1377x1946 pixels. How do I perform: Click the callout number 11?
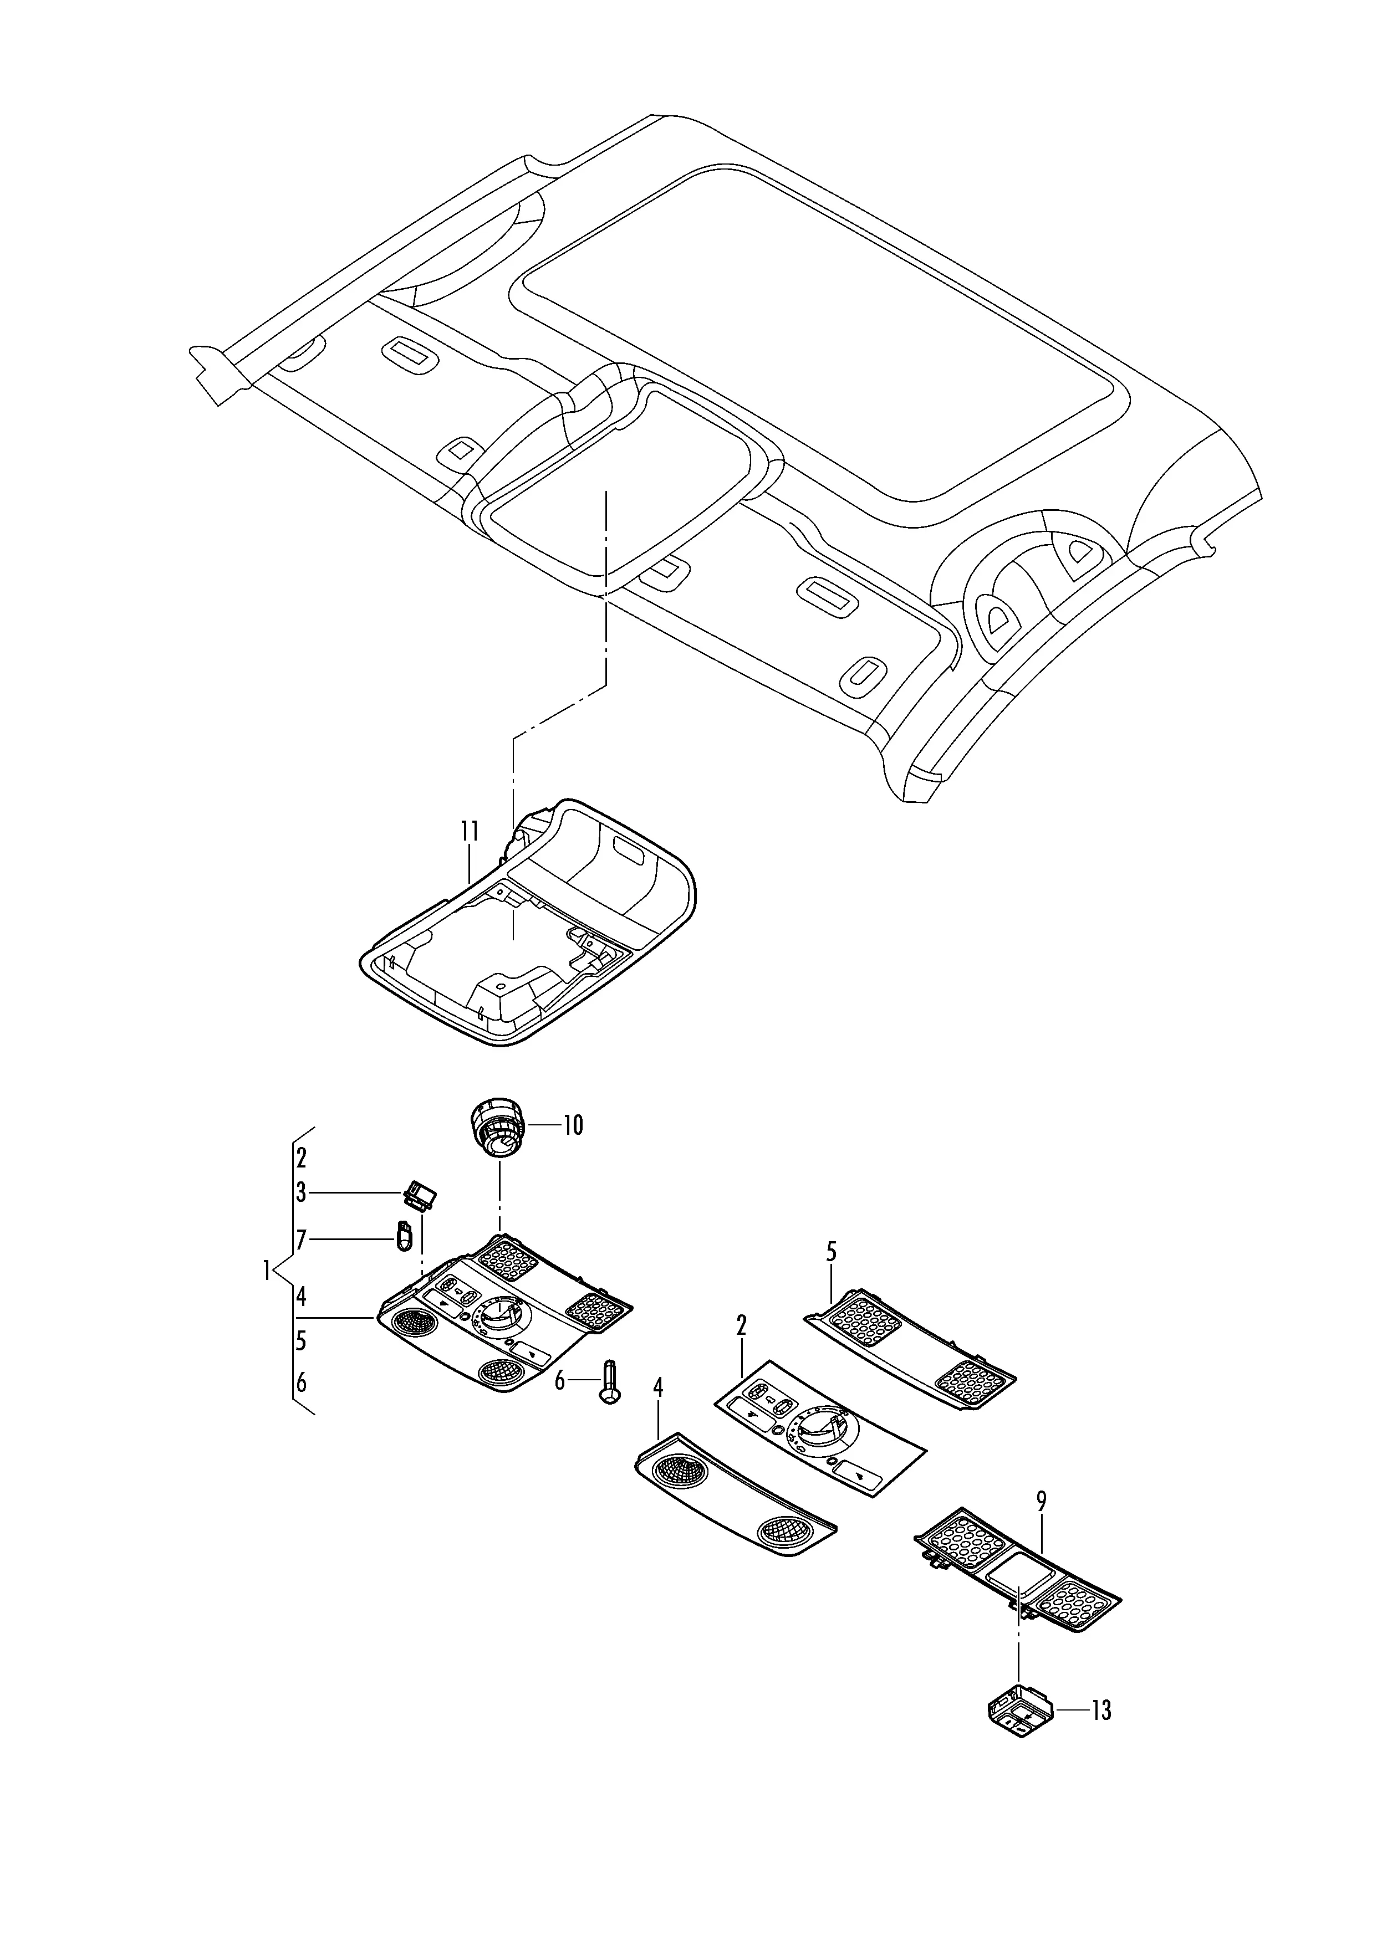471,832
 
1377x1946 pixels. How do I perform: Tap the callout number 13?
1100,1711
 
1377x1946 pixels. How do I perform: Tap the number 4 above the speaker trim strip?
658,1411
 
